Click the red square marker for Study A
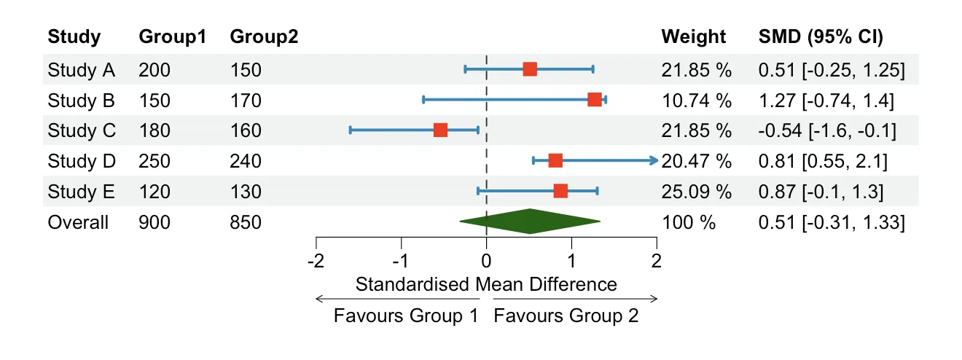click(x=530, y=69)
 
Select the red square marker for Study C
click(x=440, y=130)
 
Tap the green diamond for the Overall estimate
click(x=530, y=222)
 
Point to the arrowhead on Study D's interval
click(x=654, y=160)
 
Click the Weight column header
click(x=693, y=37)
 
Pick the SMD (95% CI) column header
click(x=821, y=37)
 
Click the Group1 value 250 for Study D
click(x=155, y=161)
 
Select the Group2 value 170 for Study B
click(x=245, y=100)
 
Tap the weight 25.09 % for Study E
click(x=695, y=192)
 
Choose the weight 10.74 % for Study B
click(x=695, y=100)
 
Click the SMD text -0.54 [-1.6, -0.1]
click(x=827, y=130)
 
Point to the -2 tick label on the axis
click(x=316, y=261)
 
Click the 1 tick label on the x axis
click(x=571, y=261)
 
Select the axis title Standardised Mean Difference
click(x=486, y=283)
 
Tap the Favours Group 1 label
click(x=406, y=316)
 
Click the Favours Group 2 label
click(x=566, y=316)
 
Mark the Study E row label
click(x=81, y=192)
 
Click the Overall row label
click(x=78, y=222)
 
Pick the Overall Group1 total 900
click(x=155, y=222)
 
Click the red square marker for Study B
click(x=595, y=100)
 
